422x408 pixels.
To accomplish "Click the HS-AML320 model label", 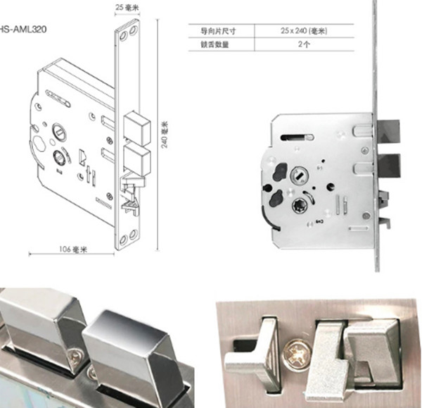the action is [23, 29].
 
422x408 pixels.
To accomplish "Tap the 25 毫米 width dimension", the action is [127, 8].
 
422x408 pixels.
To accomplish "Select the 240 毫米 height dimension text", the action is [165, 135].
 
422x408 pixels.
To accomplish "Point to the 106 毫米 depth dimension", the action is [73, 249].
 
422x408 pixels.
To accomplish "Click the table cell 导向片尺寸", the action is [218, 31].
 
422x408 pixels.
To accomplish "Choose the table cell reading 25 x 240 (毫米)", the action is [304, 31].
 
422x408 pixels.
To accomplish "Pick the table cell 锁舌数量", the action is [215, 44].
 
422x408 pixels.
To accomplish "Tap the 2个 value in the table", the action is [304, 44].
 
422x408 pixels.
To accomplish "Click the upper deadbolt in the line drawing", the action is [136, 127].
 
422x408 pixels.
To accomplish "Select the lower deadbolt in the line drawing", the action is [136, 159].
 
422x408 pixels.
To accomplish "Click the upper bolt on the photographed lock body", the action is [388, 130].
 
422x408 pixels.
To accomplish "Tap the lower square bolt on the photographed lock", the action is [388, 166].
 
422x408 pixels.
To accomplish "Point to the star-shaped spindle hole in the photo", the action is [300, 205].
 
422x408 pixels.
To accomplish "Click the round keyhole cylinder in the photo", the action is [300, 175].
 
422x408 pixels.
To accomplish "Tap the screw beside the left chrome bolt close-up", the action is [77, 359].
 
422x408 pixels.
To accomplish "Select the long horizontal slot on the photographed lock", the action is [297, 137].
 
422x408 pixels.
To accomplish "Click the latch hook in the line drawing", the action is [132, 195].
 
